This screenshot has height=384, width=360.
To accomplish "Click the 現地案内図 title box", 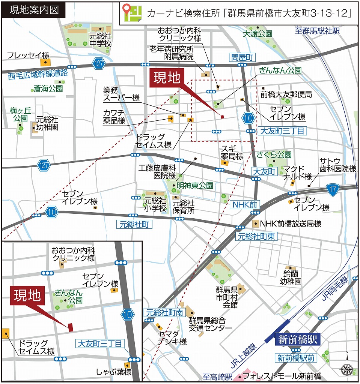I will [x=33, y=10].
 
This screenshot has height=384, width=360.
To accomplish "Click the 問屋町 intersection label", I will [x=242, y=57].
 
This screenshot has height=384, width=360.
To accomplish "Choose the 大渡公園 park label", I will [x=257, y=34].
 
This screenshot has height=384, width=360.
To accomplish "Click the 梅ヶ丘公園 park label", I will [x=18, y=114].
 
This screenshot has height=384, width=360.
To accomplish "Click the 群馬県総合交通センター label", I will [x=207, y=324].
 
